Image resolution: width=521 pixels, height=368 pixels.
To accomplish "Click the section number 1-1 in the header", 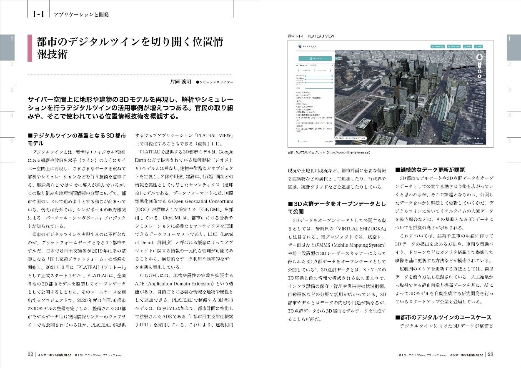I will coord(38,14).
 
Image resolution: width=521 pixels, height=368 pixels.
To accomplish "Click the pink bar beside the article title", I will coord(30,48).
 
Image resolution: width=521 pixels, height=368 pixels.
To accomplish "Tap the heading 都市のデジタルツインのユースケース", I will coord(443,317).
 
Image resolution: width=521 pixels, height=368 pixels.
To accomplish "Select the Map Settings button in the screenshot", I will coord(438,47).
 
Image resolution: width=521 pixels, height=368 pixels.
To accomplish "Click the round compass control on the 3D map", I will coord(479,58).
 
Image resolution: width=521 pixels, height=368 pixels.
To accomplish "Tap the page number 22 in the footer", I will coord(30,354).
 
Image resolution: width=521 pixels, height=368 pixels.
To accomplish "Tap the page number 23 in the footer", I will coord(490,354).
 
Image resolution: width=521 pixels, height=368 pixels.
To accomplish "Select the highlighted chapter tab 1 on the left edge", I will coord(7,47).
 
